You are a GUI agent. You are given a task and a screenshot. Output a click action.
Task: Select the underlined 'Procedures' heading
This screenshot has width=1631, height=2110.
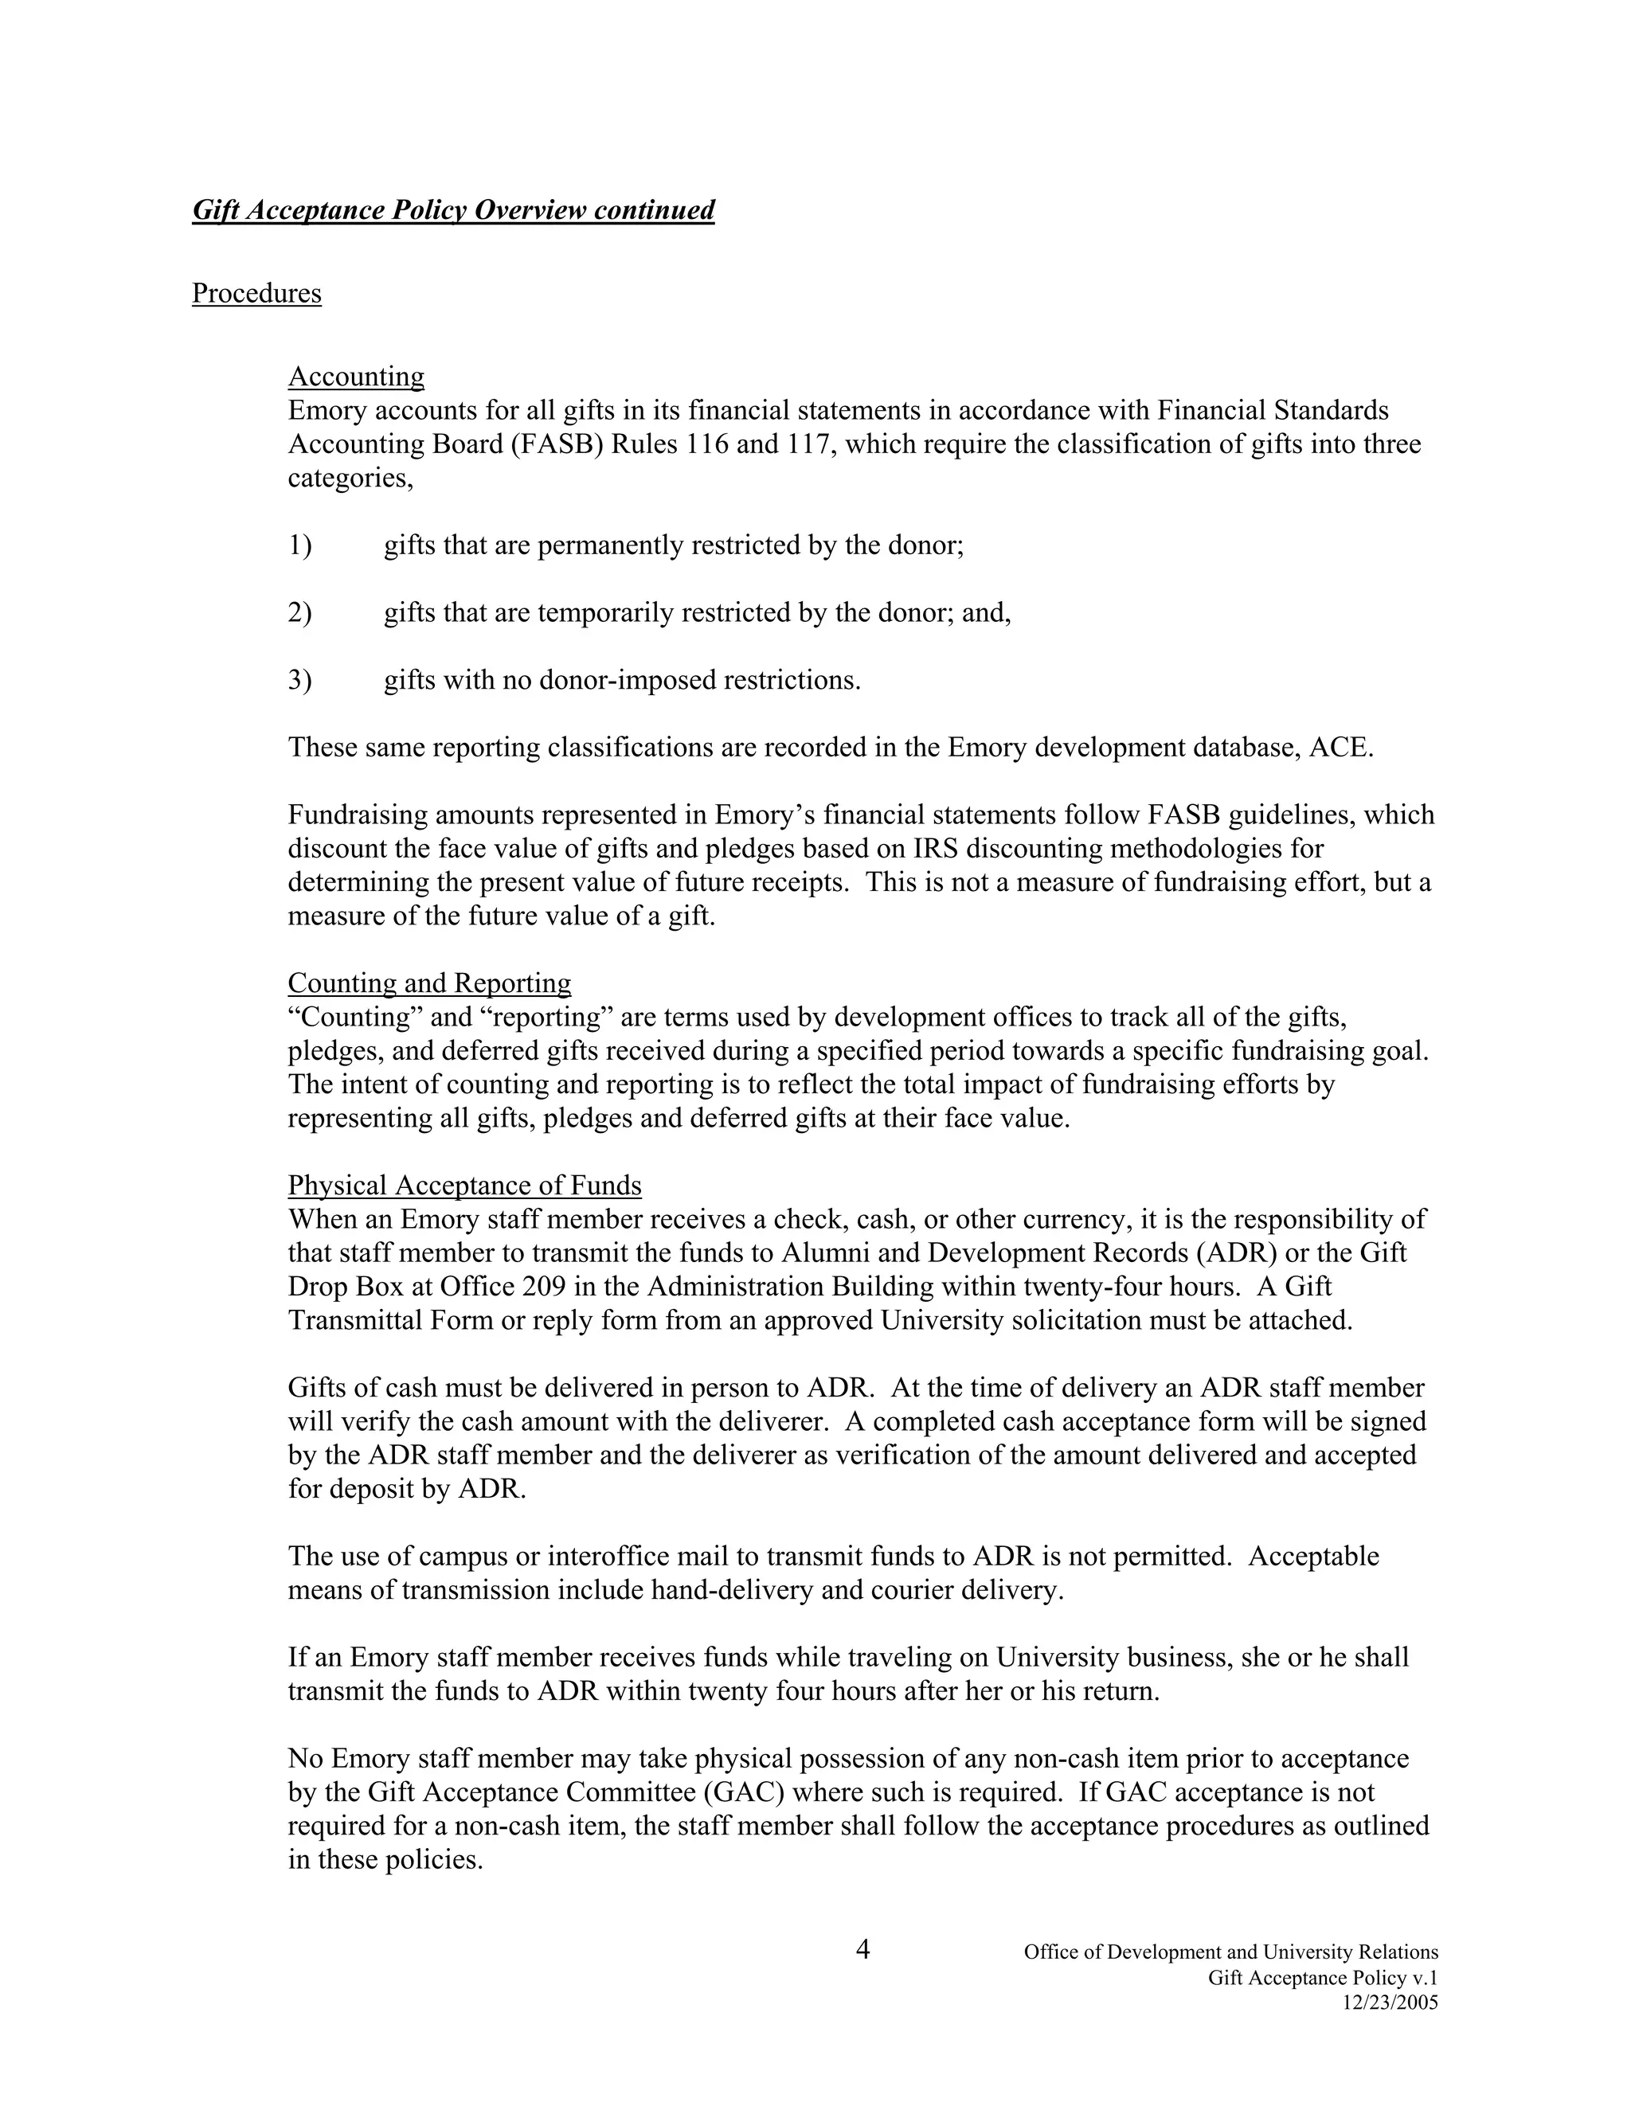click(256, 293)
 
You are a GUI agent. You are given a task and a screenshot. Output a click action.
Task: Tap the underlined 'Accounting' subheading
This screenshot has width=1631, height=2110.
click(355, 376)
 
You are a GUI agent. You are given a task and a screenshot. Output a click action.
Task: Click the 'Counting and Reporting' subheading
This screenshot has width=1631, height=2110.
click(429, 983)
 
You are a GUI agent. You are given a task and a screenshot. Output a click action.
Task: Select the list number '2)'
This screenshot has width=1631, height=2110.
click(299, 612)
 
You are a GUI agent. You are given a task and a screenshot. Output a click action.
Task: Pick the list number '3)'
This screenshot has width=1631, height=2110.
click(299, 680)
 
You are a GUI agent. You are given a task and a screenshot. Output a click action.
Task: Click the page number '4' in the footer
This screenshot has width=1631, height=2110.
click(862, 1950)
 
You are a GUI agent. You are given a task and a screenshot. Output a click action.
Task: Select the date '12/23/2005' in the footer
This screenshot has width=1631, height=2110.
click(1390, 2003)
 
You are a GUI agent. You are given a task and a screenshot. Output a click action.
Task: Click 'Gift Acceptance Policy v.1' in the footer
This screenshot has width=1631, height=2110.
click(1322, 1978)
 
